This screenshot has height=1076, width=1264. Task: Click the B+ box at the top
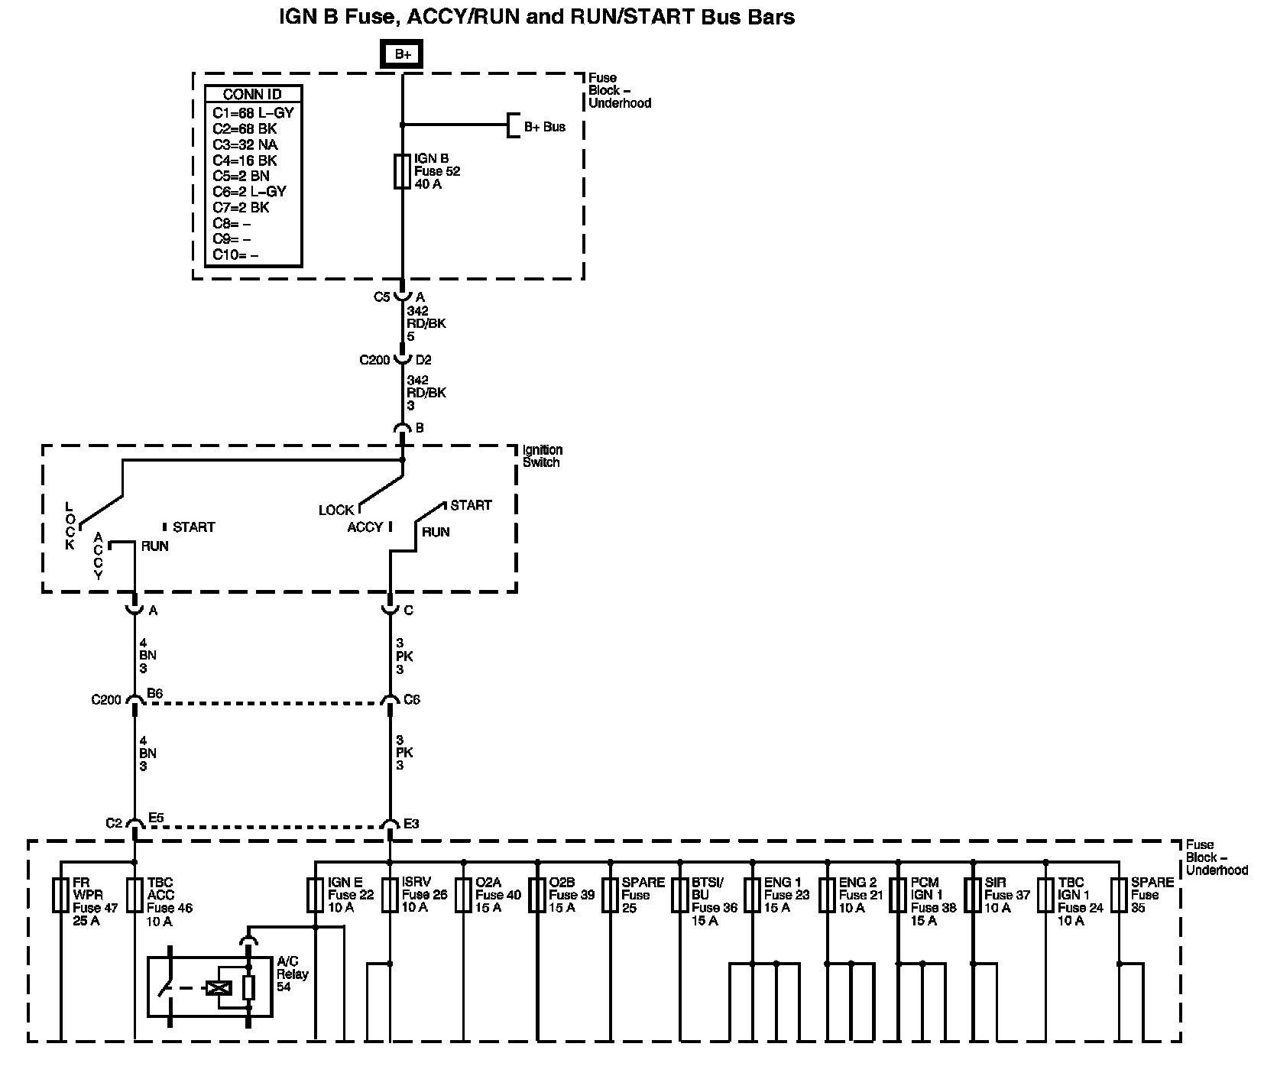[x=402, y=54]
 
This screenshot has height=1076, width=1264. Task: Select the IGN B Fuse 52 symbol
[x=402, y=171]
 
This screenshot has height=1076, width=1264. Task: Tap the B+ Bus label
[x=544, y=127]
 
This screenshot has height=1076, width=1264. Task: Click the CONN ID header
[x=252, y=95]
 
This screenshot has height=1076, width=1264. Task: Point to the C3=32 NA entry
[x=245, y=144]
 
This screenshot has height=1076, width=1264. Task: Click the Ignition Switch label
[x=542, y=456]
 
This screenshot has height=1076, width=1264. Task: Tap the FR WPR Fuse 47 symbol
[x=61, y=895]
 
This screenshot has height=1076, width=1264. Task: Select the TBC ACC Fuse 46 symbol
[x=135, y=895]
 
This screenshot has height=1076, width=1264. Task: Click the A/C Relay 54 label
[x=293, y=974]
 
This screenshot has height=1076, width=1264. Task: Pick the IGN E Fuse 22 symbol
[x=316, y=895]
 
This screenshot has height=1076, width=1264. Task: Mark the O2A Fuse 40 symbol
[x=463, y=895]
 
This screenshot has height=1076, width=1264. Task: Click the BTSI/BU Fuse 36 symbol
[x=679, y=895]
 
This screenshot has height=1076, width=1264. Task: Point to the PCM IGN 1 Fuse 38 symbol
[x=899, y=895]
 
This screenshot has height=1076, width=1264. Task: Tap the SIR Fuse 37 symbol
[x=973, y=895]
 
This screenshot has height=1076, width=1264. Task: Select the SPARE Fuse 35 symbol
[x=1119, y=895]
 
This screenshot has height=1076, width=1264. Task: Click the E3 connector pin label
[x=411, y=824]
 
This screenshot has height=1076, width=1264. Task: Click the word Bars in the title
[x=767, y=17]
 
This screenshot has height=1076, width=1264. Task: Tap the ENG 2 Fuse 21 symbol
[x=827, y=895]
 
